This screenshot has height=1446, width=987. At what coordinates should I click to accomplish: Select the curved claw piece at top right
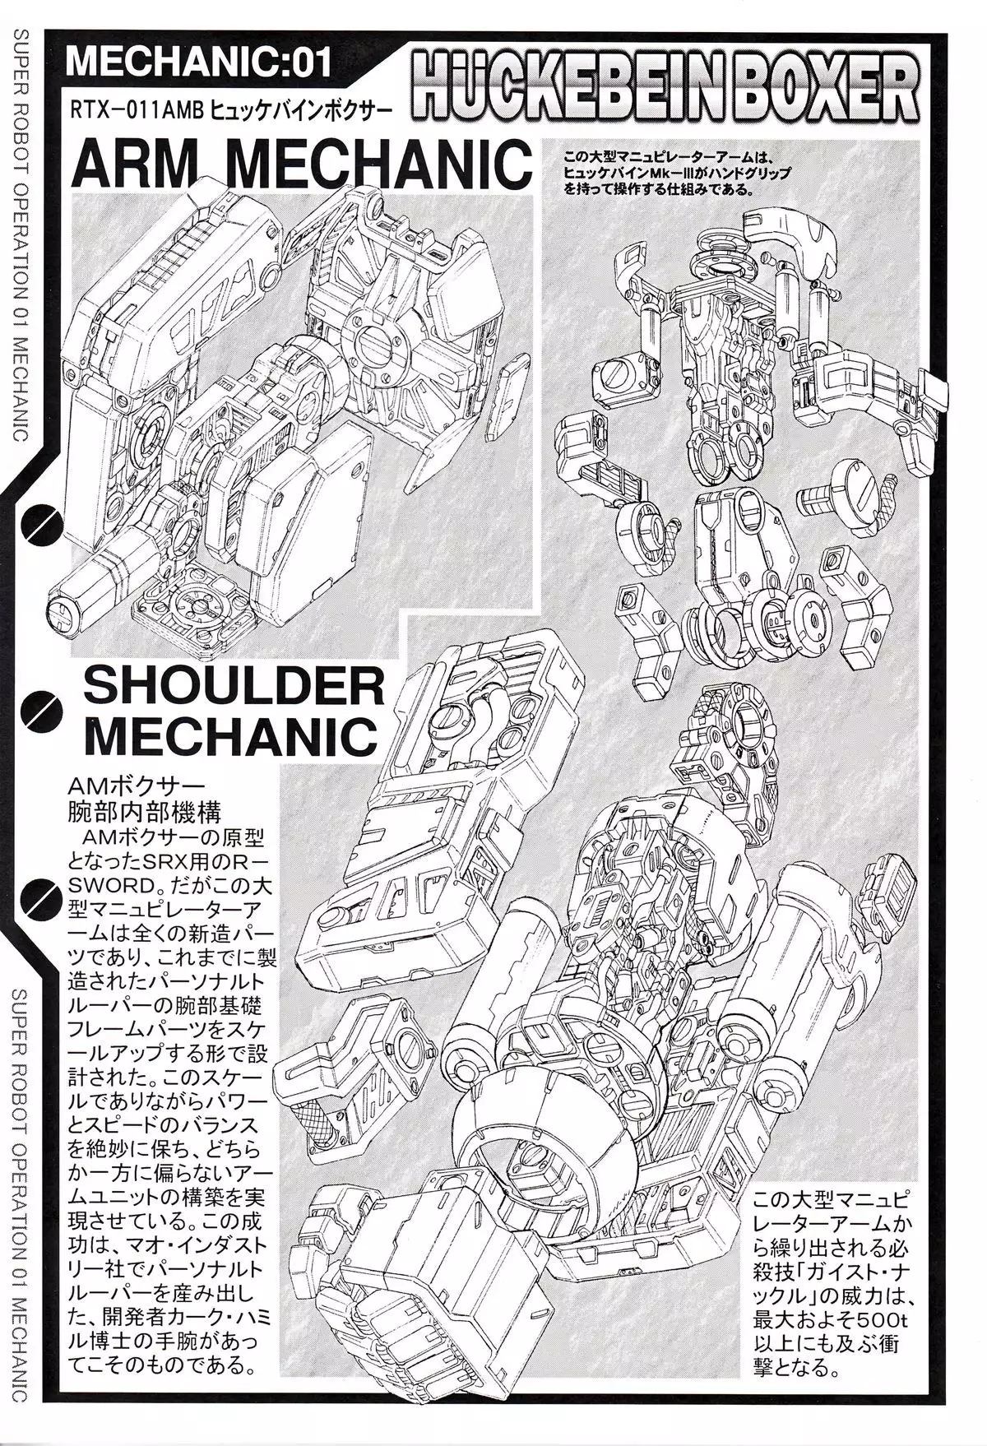pyautogui.click(x=788, y=239)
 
